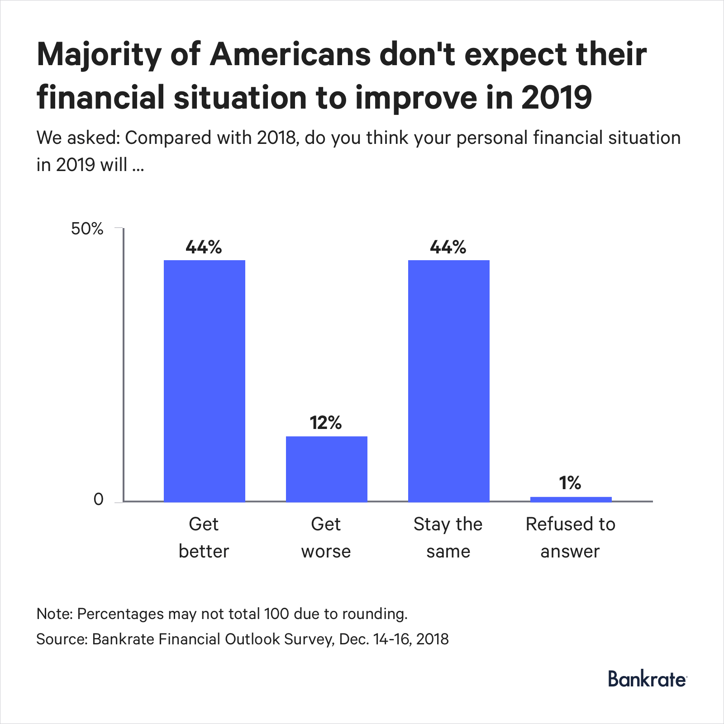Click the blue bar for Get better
[x=204, y=381]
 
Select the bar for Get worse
[x=326, y=469]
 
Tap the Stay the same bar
[x=448, y=381]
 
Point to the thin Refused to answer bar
[x=571, y=499]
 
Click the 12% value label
[x=326, y=423]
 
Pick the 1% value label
[x=570, y=483]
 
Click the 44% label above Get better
[x=204, y=247]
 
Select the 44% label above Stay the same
[x=448, y=247]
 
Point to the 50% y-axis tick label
[x=87, y=229]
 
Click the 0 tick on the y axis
[x=98, y=500]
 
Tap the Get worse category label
[x=326, y=538]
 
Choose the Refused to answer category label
[x=570, y=538]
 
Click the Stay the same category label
[x=448, y=538]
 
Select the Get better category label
[x=204, y=538]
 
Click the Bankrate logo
[x=647, y=679]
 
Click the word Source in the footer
[x=61, y=639]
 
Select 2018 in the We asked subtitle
[x=276, y=138]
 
